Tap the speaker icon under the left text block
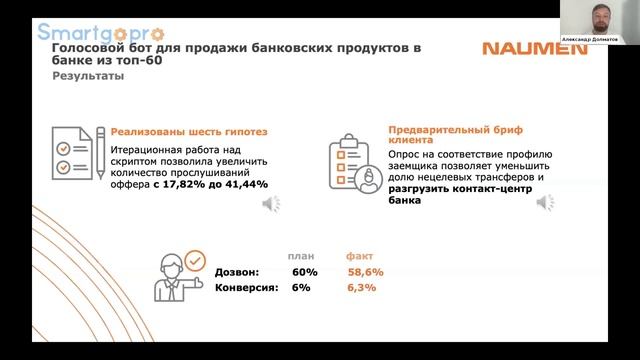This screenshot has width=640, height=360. [270, 204]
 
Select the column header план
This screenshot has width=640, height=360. [300, 255]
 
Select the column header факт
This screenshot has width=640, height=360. [359, 255]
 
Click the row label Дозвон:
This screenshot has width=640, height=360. [237, 272]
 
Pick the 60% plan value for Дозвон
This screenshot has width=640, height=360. [304, 272]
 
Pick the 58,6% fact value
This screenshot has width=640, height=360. [366, 272]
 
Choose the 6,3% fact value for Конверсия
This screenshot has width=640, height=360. [361, 288]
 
